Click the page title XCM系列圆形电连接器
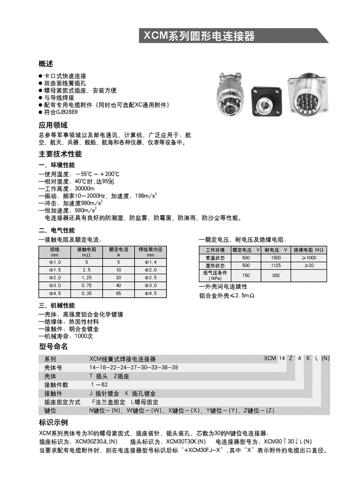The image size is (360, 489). [x=199, y=36]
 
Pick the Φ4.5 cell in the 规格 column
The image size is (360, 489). [x=54, y=294]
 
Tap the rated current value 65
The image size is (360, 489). [x=119, y=294]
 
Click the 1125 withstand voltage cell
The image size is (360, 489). [x=276, y=266]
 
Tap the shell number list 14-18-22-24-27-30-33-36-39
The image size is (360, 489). [x=134, y=367]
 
